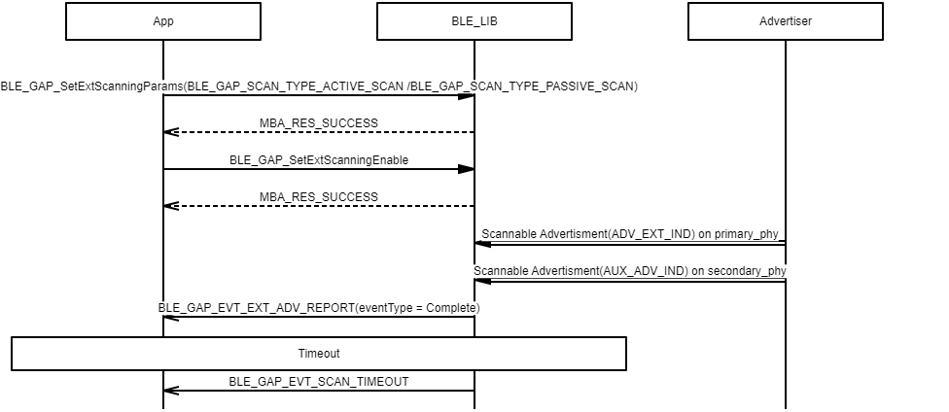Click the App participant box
pos(163,21)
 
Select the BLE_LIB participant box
pos(474,21)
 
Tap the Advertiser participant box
pos(786,21)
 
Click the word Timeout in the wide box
pos(319,354)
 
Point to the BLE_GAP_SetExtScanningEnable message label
pos(319,159)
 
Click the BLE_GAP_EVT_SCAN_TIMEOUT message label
pos(319,381)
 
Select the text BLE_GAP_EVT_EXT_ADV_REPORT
pos(257,307)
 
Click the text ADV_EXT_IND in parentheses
pos(649,234)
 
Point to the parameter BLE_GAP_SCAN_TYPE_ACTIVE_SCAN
pos(295,86)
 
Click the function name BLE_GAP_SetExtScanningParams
pos(91,86)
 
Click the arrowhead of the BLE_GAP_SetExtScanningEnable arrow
pos(467,169)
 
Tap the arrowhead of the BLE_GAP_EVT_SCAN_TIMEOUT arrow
pos(171,391)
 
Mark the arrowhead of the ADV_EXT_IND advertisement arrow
pos(482,243)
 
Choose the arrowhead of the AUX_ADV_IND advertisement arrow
pos(482,280)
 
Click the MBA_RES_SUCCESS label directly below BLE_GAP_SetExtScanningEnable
pos(319,196)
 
